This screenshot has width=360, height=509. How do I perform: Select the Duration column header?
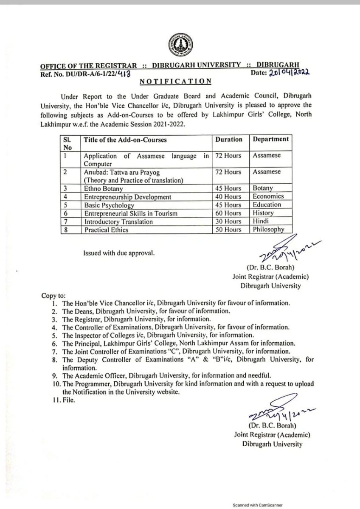[x=229, y=139]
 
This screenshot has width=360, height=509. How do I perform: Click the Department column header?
[x=270, y=139]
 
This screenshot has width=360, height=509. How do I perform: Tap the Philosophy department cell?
[x=268, y=230]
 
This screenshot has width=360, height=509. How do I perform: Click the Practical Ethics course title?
[x=106, y=230]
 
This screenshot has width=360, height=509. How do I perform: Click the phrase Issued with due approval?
[x=119, y=254]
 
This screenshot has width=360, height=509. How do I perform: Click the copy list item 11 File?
[x=64, y=400]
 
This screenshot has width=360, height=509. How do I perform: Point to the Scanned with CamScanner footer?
[x=257, y=505]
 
